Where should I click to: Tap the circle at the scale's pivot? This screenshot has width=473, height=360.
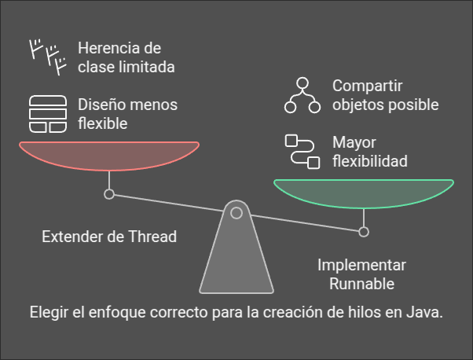coord(236,212)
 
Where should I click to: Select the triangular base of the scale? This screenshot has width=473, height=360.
coord(236,259)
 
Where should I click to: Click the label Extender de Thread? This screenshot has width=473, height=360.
coord(108,236)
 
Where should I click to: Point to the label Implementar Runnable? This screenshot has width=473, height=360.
coord(361,274)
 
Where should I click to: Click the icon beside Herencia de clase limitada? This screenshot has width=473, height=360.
coord(48,57)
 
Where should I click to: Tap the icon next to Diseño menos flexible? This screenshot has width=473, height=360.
coord(48,115)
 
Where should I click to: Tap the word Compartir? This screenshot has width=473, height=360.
coord(366,85)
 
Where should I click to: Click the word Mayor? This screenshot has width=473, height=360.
coord(354,143)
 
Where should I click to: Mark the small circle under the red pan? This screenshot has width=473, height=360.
coord(109,193)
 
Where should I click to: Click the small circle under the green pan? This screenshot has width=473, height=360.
coord(363,231)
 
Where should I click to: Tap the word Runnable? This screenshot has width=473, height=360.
coord(361,284)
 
